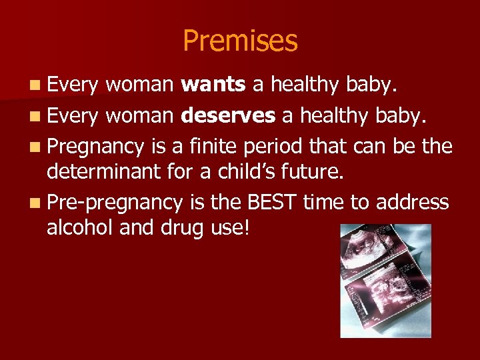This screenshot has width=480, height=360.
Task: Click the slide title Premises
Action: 240,41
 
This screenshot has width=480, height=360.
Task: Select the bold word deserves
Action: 228,116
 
